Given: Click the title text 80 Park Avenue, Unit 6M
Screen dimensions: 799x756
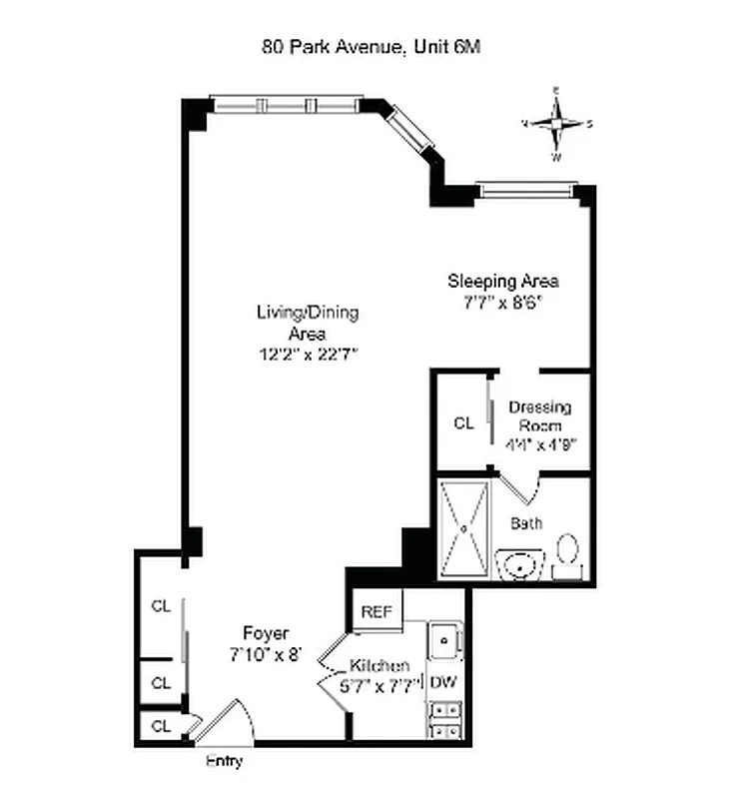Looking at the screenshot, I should tap(372, 46).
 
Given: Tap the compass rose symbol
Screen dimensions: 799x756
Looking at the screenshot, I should tap(556, 124).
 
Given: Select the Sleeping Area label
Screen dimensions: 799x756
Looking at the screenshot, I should tap(501, 280).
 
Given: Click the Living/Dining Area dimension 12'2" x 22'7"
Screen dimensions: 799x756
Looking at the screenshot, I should tap(307, 354).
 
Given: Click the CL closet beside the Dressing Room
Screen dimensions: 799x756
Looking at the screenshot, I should tap(462, 422).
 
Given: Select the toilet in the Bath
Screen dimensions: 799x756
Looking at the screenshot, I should tap(567, 552).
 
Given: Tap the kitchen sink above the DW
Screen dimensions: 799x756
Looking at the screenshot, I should tap(444, 639).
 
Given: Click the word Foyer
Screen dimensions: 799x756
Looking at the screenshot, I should tap(266, 633).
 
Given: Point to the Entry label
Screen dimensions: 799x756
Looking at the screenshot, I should tap(224, 761).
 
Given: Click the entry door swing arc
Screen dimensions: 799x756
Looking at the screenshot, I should tap(228, 715).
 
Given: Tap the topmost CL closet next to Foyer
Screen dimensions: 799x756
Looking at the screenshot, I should tap(161, 605).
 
